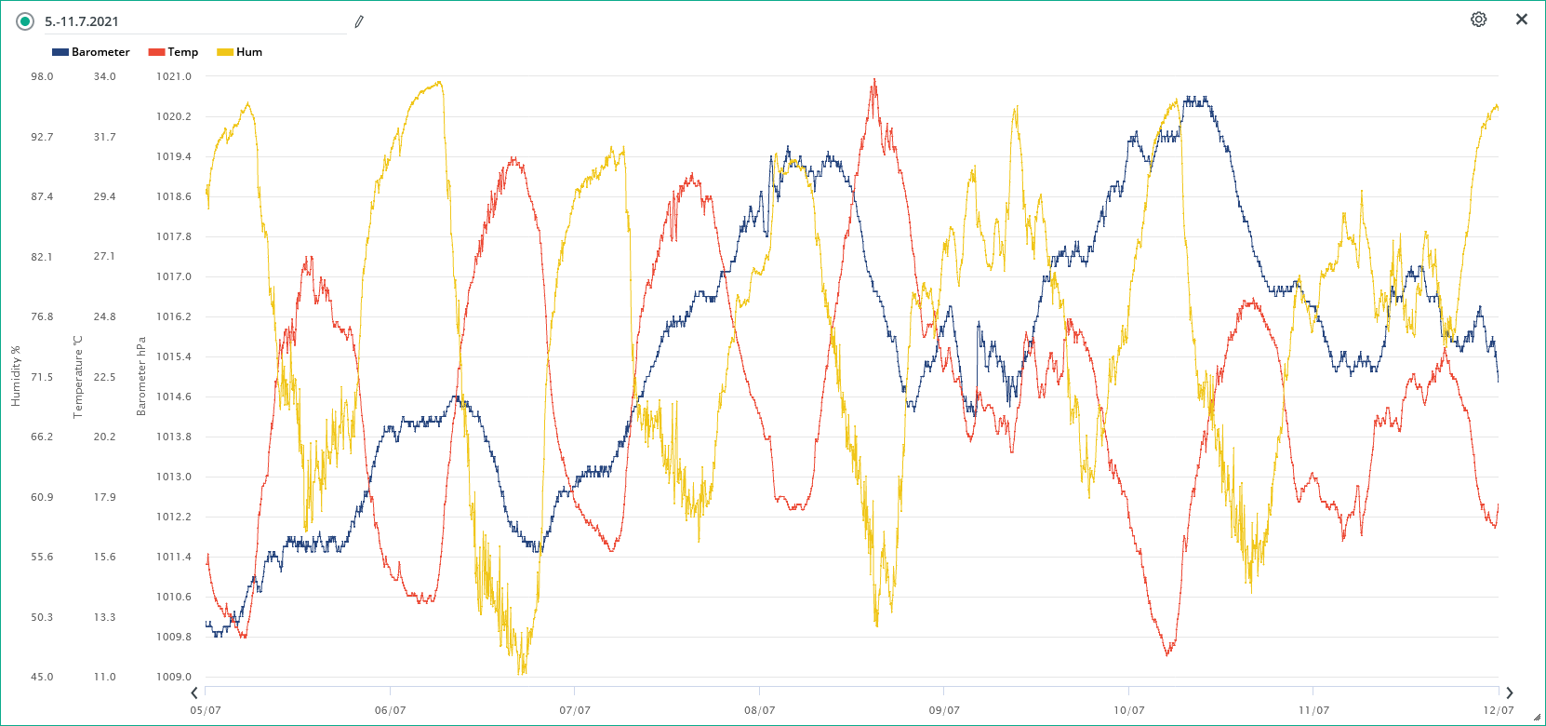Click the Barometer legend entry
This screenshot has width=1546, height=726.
pos(91,52)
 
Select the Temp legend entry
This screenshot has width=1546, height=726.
pos(174,52)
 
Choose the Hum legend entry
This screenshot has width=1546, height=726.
pos(240,52)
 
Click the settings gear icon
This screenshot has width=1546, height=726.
pos(1478,20)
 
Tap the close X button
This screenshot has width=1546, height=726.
pos(1522,20)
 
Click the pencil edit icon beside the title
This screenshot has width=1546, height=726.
pos(359,21)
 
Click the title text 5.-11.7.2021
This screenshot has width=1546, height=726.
pos(82,21)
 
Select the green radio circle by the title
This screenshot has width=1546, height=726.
pos(25,21)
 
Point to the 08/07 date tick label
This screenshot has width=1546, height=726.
pos(759,710)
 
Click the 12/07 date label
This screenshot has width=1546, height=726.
pos(1498,710)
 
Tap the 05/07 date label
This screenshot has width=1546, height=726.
pos(206,710)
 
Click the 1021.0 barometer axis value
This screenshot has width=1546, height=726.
pos(174,76)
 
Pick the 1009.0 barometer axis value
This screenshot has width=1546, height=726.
pos(174,677)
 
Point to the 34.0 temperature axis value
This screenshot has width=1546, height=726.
pos(104,76)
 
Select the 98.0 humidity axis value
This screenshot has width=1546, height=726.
pos(42,76)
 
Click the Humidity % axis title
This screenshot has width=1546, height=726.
pos(16,376)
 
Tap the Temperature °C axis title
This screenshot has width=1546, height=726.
pos(78,376)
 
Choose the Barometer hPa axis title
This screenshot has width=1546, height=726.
pos(141,376)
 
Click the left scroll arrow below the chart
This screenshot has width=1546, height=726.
pos(194,692)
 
